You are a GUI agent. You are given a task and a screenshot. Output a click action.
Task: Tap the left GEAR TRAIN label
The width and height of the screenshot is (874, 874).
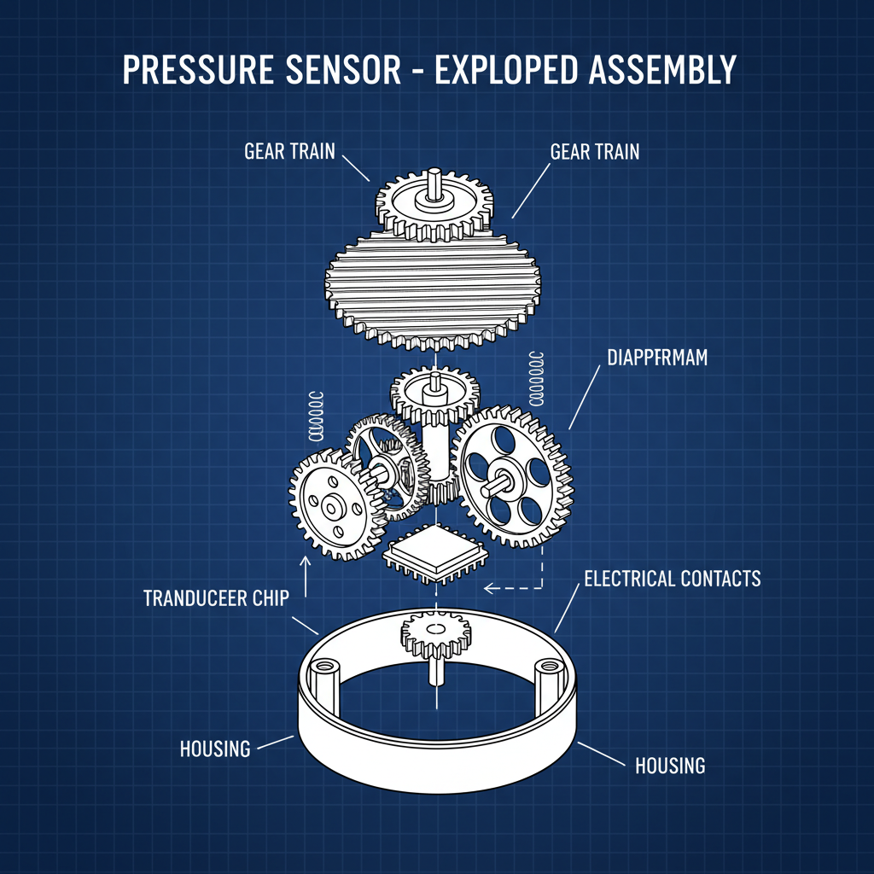tap(289, 152)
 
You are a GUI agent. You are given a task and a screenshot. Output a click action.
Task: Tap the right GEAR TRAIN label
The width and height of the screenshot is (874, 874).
tap(595, 152)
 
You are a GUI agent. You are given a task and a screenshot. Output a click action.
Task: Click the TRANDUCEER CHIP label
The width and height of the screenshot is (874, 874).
tap(216, 597)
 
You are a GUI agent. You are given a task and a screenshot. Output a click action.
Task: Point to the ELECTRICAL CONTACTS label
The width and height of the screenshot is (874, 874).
tap(672, 579)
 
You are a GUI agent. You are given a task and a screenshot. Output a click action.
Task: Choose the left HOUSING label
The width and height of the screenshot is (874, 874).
tap(215, 749)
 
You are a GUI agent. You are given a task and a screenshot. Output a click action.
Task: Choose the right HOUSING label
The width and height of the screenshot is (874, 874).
tap(670, 766)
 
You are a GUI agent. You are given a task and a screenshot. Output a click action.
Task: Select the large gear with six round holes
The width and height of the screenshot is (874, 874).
tap(510, 478)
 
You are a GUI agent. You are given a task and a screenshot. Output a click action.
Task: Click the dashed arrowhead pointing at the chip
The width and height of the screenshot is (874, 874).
tap(487, 587)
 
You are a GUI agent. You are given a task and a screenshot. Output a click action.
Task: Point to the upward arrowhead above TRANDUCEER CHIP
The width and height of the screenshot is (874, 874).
tap(305, 561)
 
